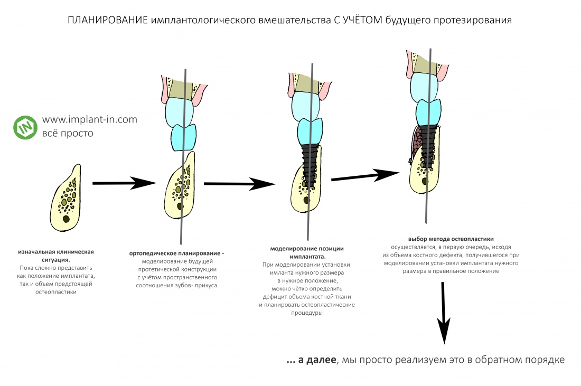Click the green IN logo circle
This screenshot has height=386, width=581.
point(24,127)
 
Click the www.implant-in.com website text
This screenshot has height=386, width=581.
point(89,120)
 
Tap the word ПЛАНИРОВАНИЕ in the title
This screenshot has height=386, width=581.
point(108,21)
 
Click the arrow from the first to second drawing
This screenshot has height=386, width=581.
point(124,183)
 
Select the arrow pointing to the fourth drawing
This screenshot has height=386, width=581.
point(365,176)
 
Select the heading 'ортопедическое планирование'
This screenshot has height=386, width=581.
point(176,253)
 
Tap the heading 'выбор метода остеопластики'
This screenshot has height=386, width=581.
point(451,239)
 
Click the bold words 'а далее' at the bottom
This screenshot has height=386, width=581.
point(316,360)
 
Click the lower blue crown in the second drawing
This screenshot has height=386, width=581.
point(183,137)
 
